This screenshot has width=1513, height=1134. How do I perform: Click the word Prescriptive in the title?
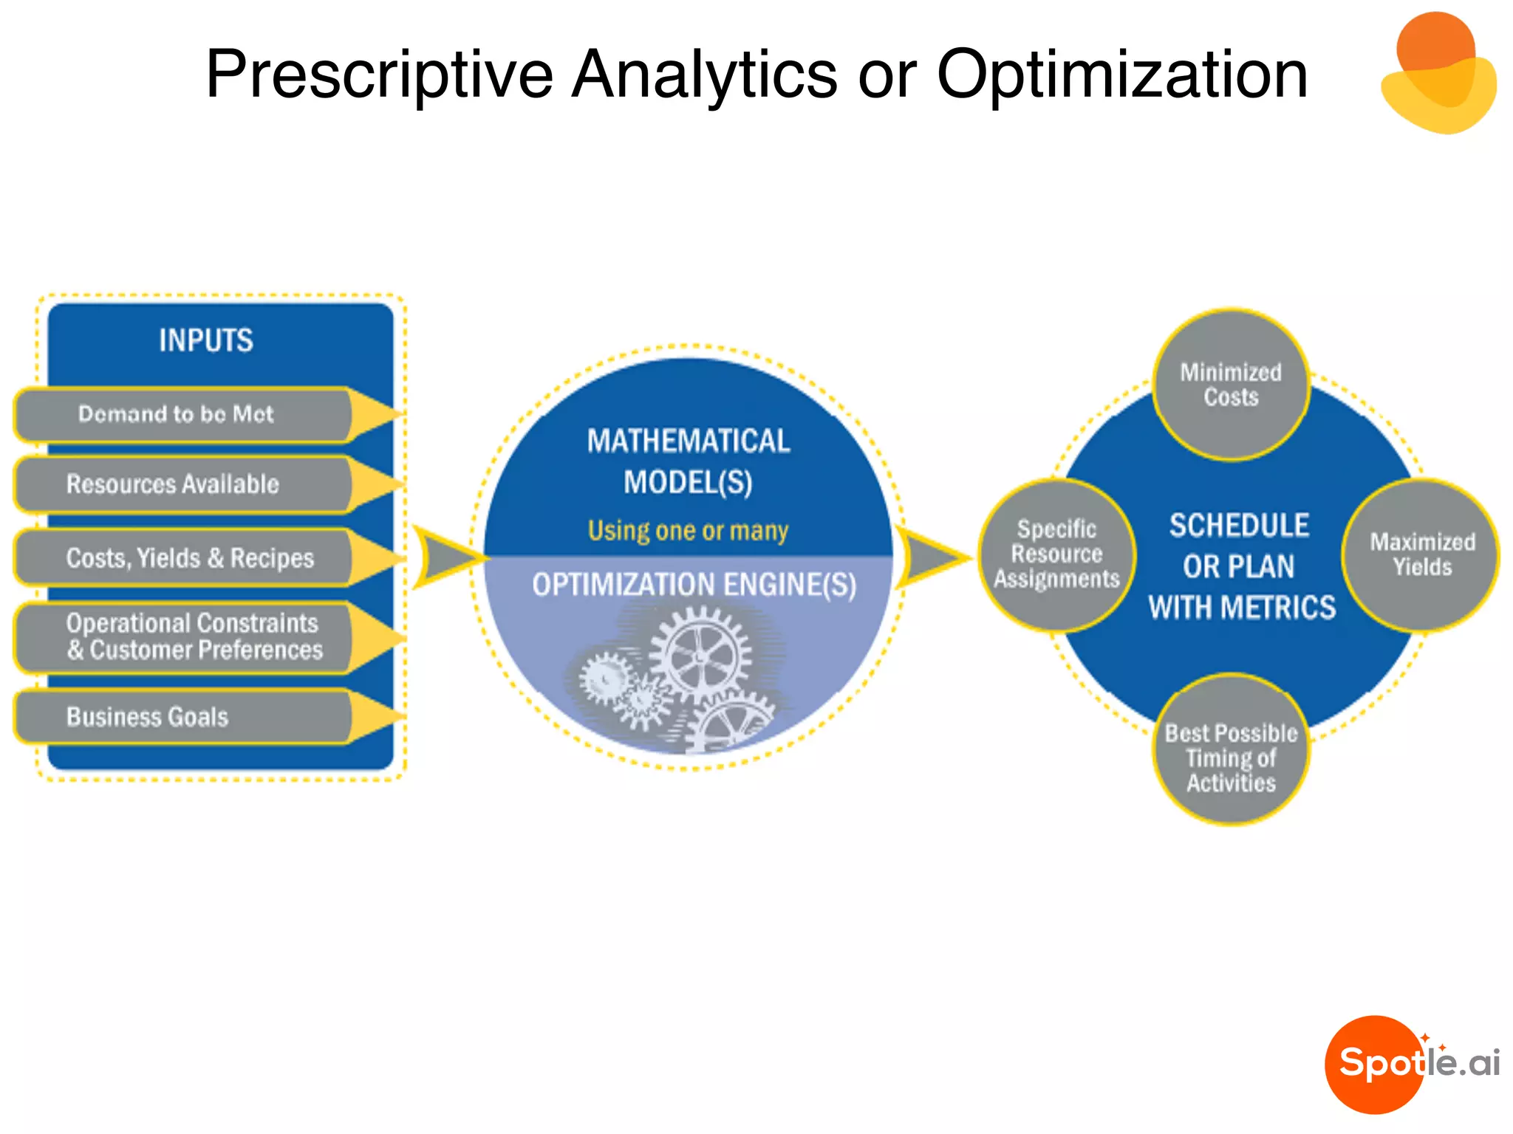(379, 75)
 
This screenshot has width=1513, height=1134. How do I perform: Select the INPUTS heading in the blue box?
(206, 340)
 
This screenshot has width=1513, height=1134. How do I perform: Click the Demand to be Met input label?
(176, 414)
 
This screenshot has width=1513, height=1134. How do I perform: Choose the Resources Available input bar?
(173, 484)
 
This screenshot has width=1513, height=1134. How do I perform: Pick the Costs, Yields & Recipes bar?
(190, 558)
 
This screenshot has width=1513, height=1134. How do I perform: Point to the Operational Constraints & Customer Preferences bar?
(194, 636)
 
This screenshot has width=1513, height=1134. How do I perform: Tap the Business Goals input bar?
(148, 717)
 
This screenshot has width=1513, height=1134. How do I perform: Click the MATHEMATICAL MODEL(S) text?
(688, 461)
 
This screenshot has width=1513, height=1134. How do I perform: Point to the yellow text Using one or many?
(688, 530)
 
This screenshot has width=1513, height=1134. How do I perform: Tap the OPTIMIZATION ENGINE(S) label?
(694, 585)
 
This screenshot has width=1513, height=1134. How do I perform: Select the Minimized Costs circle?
(1230, 385)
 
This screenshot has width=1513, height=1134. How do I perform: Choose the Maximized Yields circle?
(1421, 554)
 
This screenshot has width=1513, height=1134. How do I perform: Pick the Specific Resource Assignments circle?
(1056, 554)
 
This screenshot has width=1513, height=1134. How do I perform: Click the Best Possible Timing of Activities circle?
(1231, 749)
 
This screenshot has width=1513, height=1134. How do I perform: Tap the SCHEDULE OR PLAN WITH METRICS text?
(1240, 566)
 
